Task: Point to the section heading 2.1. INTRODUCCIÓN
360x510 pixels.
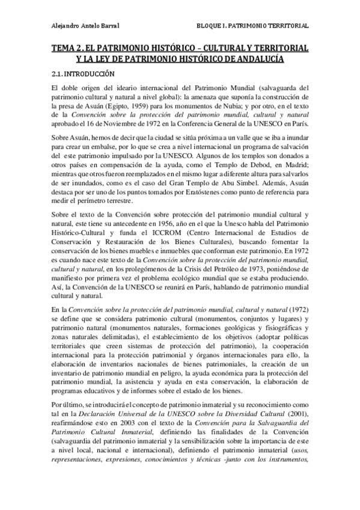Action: coord(82,74)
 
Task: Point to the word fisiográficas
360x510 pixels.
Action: coord(279,328)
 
